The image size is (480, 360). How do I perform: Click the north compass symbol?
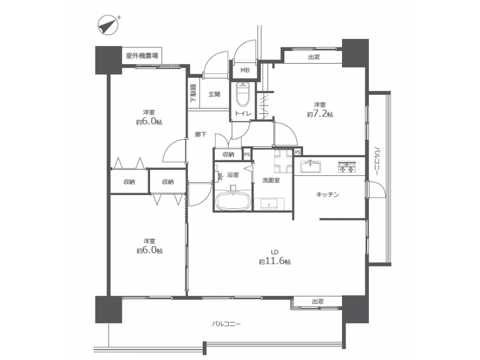(108, 25)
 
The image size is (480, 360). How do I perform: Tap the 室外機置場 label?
(142, 56)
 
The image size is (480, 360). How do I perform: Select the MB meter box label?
(245, 70)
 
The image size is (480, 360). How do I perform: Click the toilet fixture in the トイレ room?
(244, 93)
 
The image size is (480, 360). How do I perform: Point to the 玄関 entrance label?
(214, 94)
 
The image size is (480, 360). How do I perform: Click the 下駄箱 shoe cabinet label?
(193, 93)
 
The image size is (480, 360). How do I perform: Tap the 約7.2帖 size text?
(320, 115)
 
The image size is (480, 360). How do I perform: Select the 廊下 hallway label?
(200, 134)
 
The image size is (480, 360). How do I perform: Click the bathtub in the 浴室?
(233, 200)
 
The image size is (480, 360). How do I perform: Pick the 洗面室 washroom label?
(271, 181)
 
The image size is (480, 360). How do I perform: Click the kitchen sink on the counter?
(310, 166)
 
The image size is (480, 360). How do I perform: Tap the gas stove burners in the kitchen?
(347, 167)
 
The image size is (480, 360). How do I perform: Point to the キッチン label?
(328, 194)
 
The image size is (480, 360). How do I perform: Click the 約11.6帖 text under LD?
(275, 262)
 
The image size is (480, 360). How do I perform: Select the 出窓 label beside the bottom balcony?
(318, 302)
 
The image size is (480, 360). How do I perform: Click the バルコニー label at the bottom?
(226, 323)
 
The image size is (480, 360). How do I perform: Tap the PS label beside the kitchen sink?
(298, 152)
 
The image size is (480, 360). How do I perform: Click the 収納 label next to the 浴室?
(228, 155)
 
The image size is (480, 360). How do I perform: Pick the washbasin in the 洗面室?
(269, 204)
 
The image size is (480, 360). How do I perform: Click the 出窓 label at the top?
(314, 57)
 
